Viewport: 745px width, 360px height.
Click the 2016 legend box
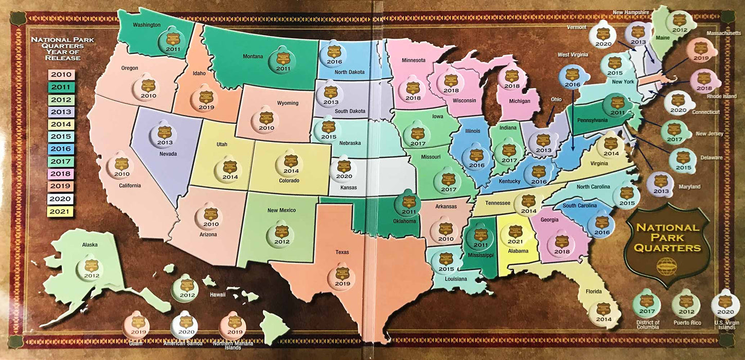tap(61, 149)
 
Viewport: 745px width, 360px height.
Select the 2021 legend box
tap(61, 211)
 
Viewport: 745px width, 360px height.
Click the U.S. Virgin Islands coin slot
tap(725, 304)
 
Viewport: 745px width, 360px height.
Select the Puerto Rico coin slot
tap(686, 304)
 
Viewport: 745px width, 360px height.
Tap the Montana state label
tap(253, 57)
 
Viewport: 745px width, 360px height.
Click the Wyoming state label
tap(288, 103)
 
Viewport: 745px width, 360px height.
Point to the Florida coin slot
tap(604, 313)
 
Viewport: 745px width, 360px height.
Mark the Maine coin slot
tap(679, 24)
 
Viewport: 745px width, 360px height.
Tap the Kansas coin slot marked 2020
tap(344, 170)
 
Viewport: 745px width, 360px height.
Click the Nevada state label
tap(168, 154)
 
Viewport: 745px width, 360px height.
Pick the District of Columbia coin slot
tap(647, 304)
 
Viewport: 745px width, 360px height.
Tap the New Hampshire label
tap(630, 12)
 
